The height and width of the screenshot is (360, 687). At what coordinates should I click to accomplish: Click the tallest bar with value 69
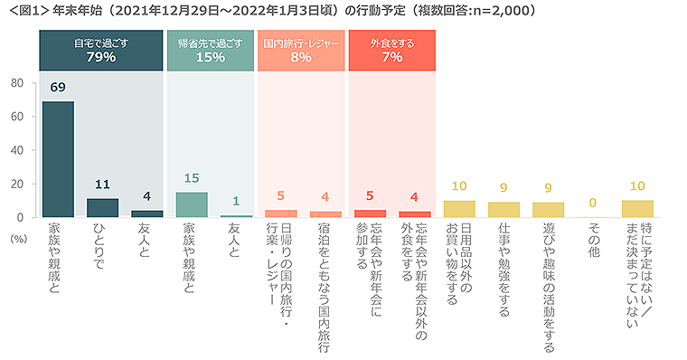point(58,159)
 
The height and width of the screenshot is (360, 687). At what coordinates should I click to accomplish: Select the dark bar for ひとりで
point(102,208)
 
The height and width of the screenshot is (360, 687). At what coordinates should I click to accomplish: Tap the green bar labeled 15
point(191,204)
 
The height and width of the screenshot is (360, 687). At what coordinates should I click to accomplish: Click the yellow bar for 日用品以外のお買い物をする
point(458,209)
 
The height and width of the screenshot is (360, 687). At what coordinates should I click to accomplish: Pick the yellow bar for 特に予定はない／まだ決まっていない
point(637,209)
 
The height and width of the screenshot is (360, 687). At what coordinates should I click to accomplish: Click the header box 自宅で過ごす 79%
point(101,50)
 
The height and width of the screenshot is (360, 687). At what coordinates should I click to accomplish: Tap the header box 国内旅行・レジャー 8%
point(301,50)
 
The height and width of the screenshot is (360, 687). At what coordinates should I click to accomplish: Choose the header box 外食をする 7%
point(391,50)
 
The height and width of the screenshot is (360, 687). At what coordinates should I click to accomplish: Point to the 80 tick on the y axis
point(17,83)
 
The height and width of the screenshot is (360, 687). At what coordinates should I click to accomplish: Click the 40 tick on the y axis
point(17,150)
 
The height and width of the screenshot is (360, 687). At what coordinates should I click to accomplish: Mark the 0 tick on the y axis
point(21,217)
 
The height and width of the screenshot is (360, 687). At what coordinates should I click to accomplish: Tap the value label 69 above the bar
point(58,89)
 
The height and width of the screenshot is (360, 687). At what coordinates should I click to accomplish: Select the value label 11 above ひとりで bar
point(102,185)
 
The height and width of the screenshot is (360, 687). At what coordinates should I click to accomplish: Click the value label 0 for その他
point(593,204)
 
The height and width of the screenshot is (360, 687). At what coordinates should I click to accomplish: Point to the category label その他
point(593,243)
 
